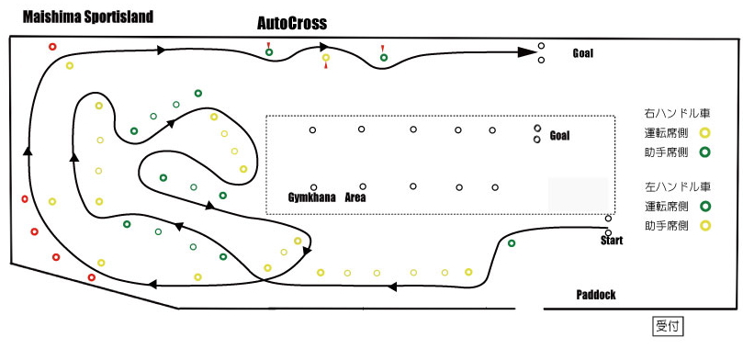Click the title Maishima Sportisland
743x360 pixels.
click(x=88, y=17)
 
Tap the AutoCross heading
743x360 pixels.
click(x=292, y=23)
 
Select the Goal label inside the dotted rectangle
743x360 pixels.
click(x=559, y=136)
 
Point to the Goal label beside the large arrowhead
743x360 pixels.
click(x=582, y=53)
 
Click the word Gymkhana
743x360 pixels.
click(x=311, y=197)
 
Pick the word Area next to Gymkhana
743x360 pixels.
click(x=355, y=197)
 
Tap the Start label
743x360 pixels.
click(x=612, y=241)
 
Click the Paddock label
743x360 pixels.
click(x=596, y=295)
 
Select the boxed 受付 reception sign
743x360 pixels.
click(x=668, y=326)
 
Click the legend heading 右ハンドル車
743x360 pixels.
click(x=677, y=114)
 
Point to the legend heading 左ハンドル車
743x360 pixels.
click(x=677, y=186)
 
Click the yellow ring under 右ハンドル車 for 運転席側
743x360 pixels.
click(x=704, y=133)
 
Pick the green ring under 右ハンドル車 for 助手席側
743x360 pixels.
click(x=704, y=152)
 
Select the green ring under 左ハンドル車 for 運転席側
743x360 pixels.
click(x=704, y=207)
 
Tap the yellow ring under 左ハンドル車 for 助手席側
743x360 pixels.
click(x=705, y=226)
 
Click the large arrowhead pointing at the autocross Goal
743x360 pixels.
click(x=526, y=52)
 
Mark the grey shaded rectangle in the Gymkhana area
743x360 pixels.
click(x=578, y=195)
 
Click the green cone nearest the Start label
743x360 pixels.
click(x=512, y=243)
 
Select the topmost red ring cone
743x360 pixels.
click(x=52, y=47)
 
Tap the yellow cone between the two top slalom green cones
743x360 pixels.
click(x=326, y=57)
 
